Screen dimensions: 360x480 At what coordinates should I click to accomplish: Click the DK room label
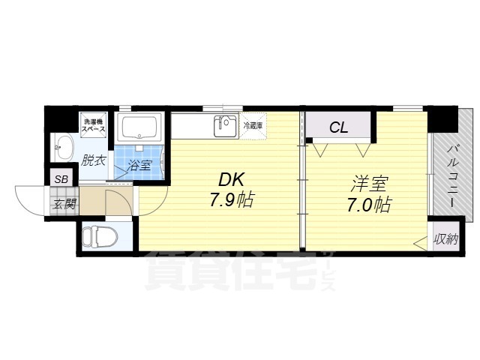tap(231, 181)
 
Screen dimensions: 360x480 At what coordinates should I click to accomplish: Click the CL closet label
tap(339, 127)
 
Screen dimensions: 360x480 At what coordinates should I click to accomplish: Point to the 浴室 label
tap(139, 166)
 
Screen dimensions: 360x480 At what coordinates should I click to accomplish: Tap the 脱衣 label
tap(94, 160)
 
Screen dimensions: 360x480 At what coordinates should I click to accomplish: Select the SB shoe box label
tap(61, 178)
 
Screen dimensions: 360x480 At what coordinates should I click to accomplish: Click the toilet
tap(98, 237)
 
